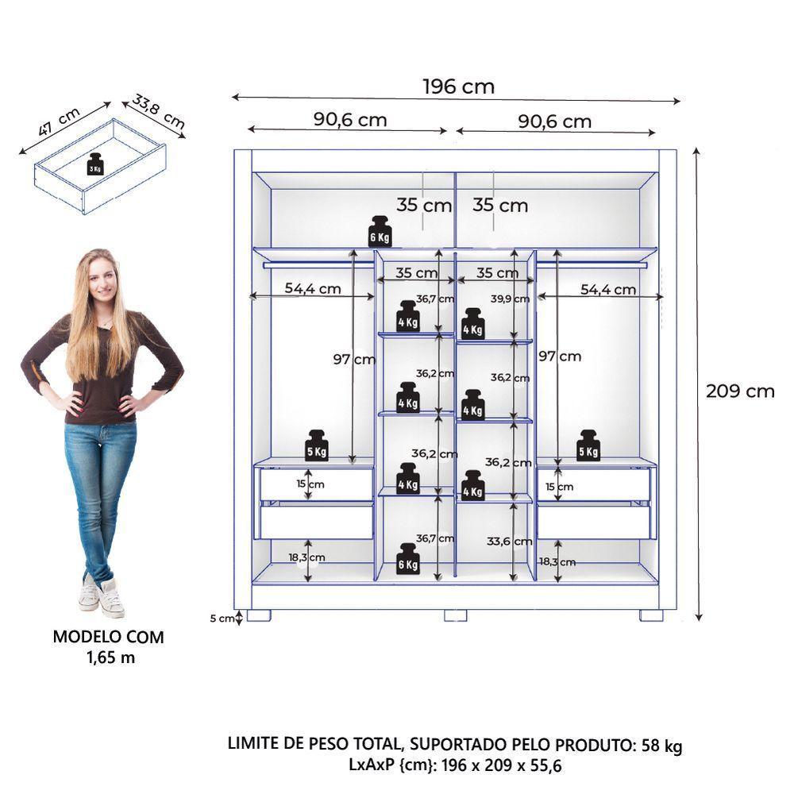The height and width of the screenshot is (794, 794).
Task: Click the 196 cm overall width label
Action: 458,86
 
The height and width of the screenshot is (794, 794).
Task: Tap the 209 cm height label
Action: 739,391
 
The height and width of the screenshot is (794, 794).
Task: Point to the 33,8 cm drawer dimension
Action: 159,113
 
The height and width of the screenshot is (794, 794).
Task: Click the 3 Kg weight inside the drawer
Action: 95,165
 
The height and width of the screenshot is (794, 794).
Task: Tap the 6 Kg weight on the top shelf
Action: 380,231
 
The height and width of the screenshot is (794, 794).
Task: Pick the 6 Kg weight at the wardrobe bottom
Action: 407,559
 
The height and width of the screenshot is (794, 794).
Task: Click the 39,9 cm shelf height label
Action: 510,299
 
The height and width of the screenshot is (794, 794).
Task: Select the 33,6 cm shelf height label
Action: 509,542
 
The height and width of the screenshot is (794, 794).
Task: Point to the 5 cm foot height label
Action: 226,618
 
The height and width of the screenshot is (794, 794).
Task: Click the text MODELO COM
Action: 108,637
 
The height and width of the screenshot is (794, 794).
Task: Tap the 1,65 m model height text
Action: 108,657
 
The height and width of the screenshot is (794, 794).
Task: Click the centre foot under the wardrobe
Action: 455,615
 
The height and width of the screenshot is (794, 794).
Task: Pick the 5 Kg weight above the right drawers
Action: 588,445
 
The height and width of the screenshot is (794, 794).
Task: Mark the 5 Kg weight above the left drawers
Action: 317,445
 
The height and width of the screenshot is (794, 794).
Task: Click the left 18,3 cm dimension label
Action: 306,557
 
